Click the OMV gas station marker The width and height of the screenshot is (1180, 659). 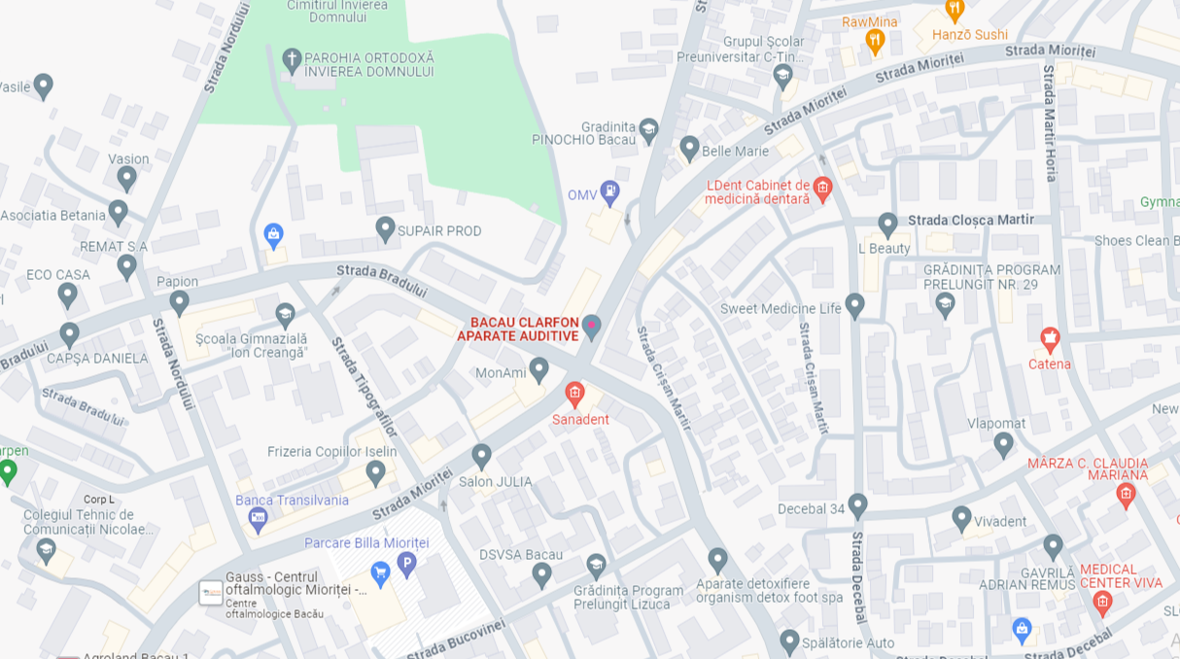[x=609, y=192]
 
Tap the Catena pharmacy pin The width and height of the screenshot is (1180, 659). [x=1050, y=339]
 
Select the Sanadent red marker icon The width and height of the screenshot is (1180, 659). [x=574, y=394]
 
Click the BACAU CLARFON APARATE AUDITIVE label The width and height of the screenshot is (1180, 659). [x=518, y=329]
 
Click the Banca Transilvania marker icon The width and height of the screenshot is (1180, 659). [x=258, y=519]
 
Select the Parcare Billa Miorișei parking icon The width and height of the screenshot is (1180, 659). [x=406, y=563]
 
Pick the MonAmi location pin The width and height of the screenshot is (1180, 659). [x=539, y=369]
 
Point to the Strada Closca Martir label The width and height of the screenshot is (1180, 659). [x=971, y=220]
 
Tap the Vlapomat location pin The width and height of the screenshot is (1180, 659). [x=1004, y=444]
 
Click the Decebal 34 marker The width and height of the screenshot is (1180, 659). [x=857, y=505]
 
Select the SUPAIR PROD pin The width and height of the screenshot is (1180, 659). [x=386, y=228]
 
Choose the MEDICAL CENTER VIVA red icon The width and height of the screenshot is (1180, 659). [x=1102, y=603]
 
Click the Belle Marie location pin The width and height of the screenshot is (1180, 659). [x=689, y=148]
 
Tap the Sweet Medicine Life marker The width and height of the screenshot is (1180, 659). [x=854, y=305]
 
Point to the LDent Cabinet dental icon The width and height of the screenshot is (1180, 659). [x=823, y=188]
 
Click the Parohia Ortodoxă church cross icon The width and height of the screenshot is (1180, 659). [x=292, y=60]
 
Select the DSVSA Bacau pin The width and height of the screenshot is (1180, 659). [x=541, y=574]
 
